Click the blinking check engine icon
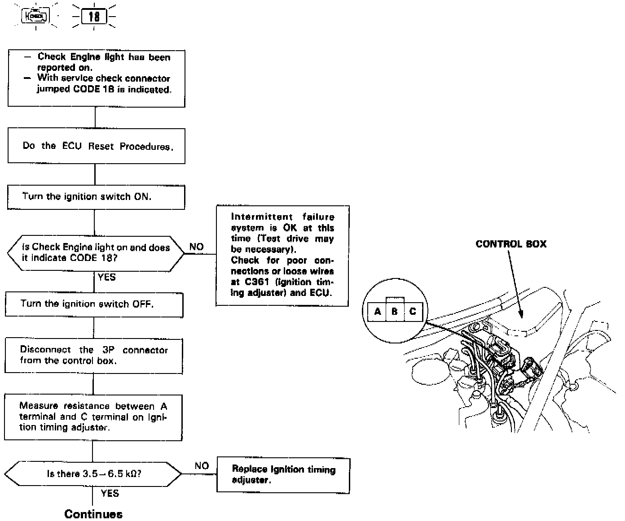[x=35, y=17]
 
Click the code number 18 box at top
[x=94, y=17]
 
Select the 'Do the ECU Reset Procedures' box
[x=97, y=146]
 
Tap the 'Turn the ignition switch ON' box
[x=96, y=197]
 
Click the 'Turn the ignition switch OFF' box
[x=94, y=304]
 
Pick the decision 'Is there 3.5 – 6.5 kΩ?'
[x=93, y=474]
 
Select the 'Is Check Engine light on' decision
[x=96, y=253]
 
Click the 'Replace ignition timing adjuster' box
[x=283, y=475]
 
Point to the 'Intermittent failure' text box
[x=282, y=256]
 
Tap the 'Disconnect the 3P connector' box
[x=94, y=355]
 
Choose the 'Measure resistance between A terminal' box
[x=93, y=417]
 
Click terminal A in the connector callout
[x=378, y=311]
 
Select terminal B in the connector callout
[x=395, y=311]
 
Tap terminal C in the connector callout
[x=413, y=311]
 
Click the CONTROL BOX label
[x=511, y=244]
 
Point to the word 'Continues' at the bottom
[x=93, y=514]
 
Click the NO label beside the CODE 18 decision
[x=196, y=247]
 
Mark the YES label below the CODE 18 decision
[x=107, y=277]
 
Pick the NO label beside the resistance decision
[x=202, y=466]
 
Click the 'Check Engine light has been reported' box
[x=97, y=78]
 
